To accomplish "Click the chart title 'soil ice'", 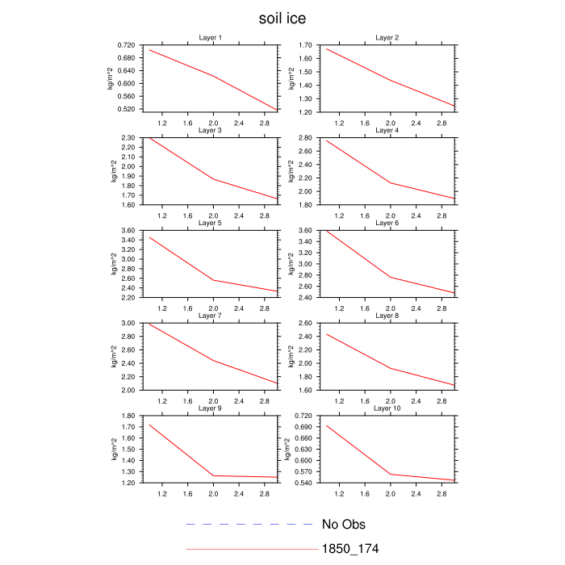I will tap(282, 18).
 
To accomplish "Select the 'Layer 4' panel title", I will tap(387, 130).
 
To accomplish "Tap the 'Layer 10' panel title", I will tap(387, 408).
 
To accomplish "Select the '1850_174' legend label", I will tap(351, 549).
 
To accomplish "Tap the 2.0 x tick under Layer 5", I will tap(213, 308).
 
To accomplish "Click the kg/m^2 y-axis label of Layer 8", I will tap(290, 356).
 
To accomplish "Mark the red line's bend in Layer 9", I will tap(213, 476).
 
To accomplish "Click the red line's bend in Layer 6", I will tap(391, 277).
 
